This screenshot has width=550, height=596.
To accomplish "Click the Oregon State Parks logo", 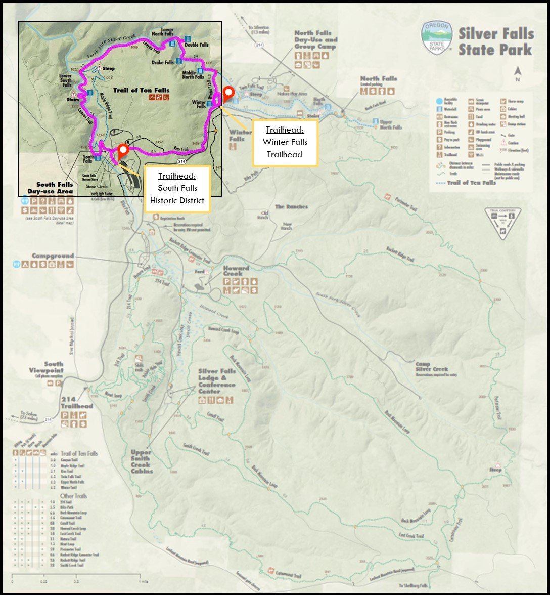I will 437,38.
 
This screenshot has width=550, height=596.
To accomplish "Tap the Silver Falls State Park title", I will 495,41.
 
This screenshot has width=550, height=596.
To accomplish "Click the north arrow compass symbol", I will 517,74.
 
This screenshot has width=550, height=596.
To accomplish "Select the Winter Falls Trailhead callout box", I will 285,143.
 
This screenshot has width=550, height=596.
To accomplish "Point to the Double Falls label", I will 196,45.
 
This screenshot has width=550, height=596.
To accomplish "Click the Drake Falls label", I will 162,63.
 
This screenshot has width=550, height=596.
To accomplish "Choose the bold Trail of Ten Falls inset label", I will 141,91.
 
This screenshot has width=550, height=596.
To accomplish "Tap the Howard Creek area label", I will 236,271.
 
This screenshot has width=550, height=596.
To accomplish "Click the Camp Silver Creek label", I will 431,367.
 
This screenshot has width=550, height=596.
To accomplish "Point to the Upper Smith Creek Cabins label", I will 141,461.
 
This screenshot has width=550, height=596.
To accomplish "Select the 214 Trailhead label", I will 76,403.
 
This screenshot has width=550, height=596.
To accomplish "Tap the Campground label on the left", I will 53,256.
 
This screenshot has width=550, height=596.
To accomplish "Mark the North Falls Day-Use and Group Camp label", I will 315,40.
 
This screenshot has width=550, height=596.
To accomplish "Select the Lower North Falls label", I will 163,32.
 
